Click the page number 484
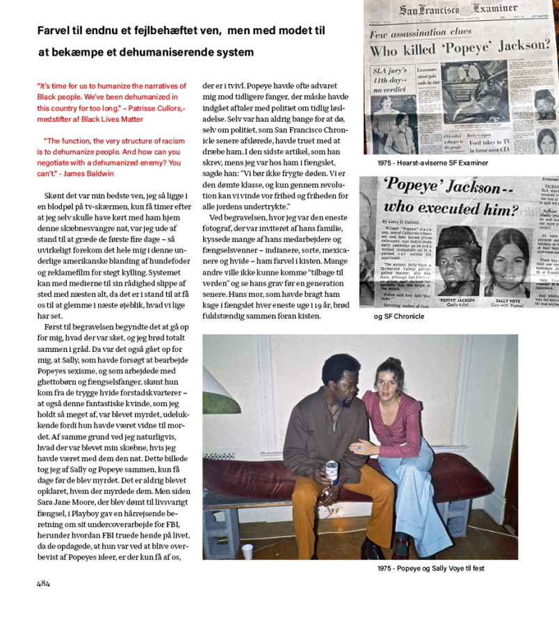(x=43, y=584)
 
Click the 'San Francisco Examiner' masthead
(x=459, y=10)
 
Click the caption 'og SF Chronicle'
(x=399, y=316)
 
